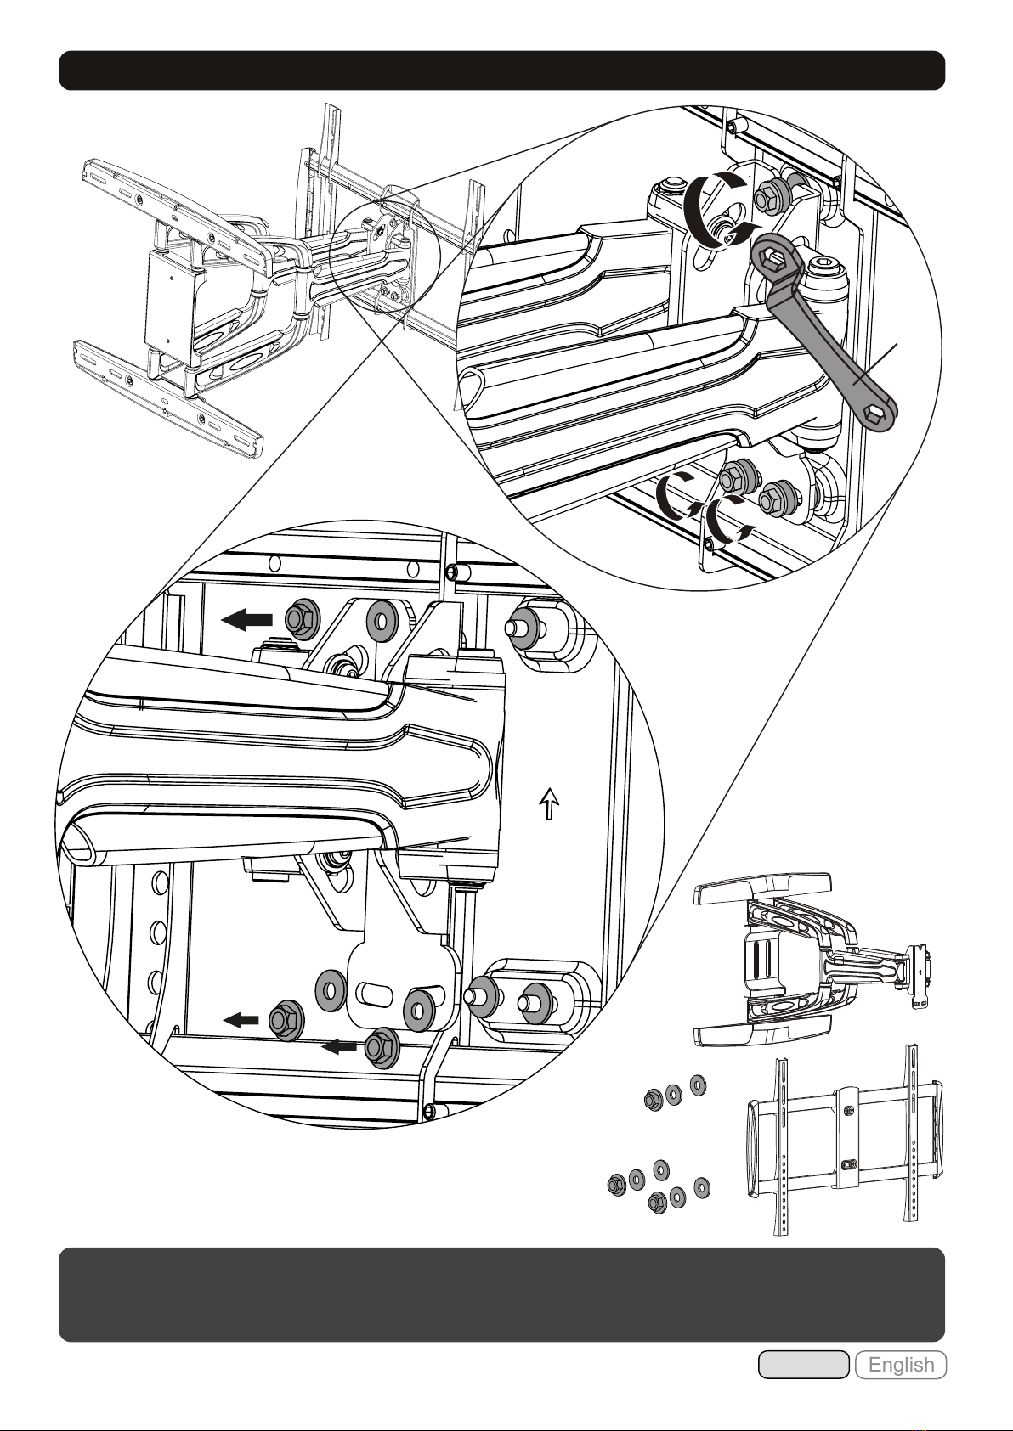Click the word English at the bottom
pyautogui.click(x=901, y=1365)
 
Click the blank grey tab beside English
pyautogui.click(x=803, y=1365)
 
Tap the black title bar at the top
pyautogui.click(x=501, y=70)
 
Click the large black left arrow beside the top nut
pyautogui.click(x=246, y=619)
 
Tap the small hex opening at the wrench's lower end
pyautogui.click(x=873, y=415)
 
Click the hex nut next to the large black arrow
pyautogui.click(x=300, y=617)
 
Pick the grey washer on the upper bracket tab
pyautogui.click(x=382, y=618)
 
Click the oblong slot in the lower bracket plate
pyautogui.click(x=375, y=994)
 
